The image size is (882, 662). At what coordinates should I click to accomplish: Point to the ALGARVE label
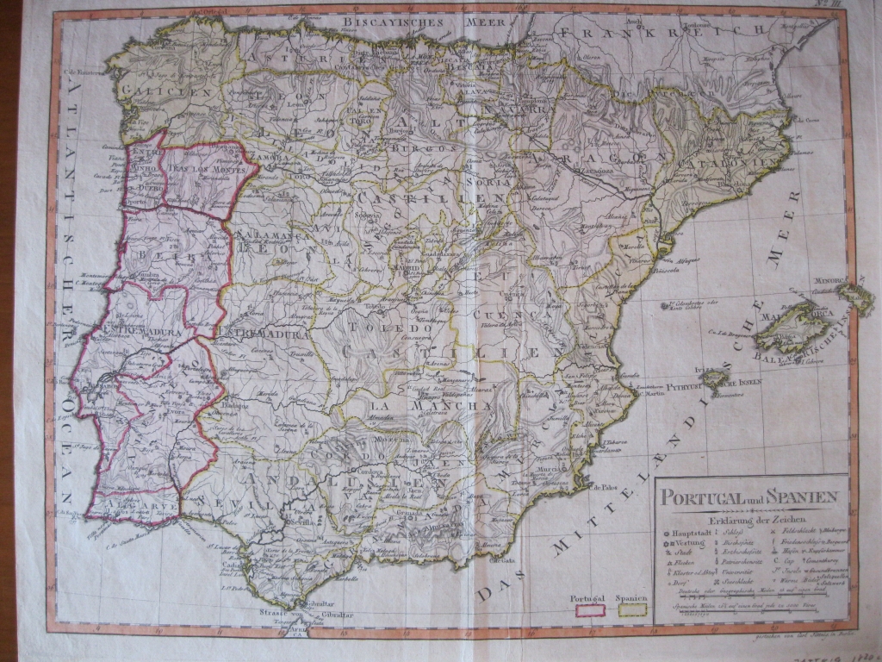point(129,500)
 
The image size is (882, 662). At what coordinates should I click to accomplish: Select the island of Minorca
point(854,296)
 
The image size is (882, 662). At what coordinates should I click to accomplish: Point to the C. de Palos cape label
point(604,485)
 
